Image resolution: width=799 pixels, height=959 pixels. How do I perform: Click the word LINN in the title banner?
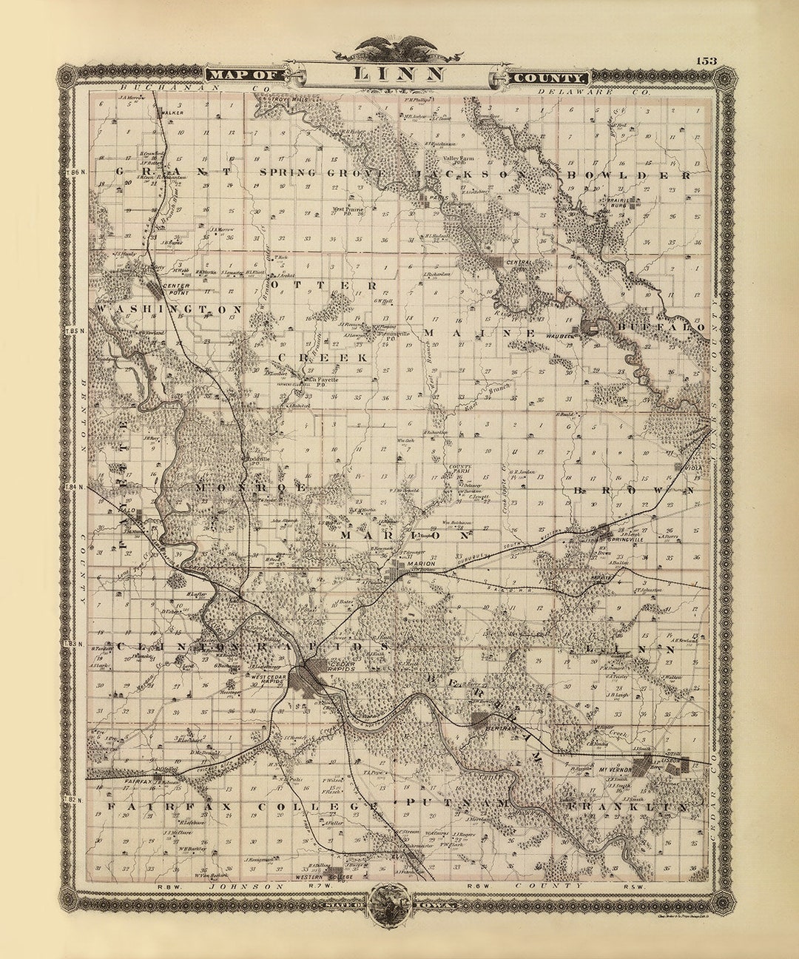click(x=399, y=73)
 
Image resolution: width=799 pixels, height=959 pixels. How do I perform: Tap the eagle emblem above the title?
click(x=398, y=50)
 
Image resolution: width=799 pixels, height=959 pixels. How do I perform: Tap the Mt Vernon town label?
click(x=610, y=770)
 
